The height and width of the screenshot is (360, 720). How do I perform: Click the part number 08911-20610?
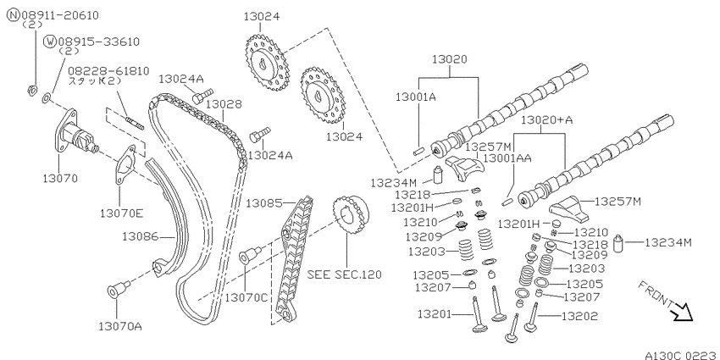58,15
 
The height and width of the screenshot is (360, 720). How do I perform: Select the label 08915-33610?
97,42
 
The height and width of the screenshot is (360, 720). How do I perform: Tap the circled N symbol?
13,15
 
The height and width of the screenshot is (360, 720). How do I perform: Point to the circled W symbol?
50,42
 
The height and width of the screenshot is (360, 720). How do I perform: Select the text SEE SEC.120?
345,274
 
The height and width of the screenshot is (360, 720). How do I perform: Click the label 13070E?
122,213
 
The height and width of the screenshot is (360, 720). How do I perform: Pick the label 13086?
140,236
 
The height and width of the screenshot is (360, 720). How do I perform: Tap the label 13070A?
119,326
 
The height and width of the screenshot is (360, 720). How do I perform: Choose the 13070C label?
246,297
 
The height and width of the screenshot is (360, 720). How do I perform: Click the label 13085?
264,202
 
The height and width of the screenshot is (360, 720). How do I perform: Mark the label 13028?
223,105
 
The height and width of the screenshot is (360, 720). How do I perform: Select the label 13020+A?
547,119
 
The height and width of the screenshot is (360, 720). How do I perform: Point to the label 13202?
580,316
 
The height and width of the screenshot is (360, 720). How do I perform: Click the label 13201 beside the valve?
435,314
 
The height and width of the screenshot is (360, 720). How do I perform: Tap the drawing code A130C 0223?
681,355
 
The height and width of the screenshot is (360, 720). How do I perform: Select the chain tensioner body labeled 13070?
75,133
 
